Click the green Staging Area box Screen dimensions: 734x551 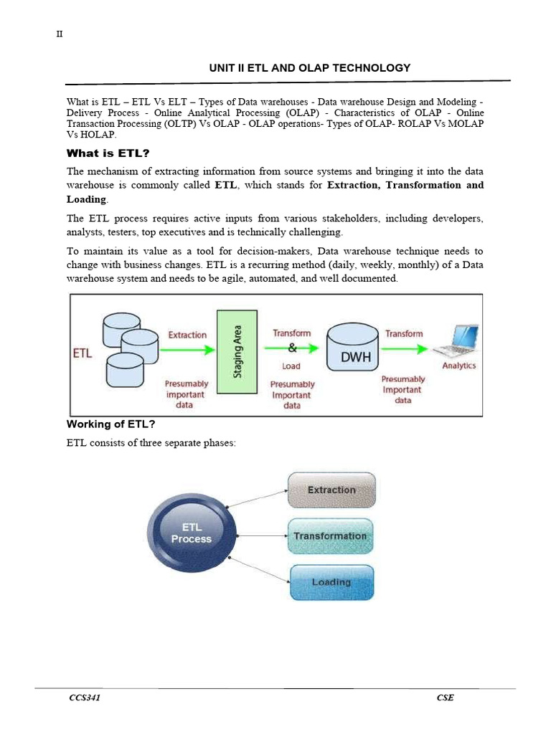[x=237, y=351]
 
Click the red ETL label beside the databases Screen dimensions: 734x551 [x=83, y=354]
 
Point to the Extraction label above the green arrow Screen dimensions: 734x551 [x=187, y=335]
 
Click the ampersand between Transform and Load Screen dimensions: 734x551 [x=291, y=349]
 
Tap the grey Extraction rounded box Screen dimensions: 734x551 [x=331, y=490]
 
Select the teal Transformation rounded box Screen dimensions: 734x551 [x=330, y=536]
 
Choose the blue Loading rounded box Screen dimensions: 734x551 [x=331, y=582]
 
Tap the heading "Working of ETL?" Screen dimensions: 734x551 [x=111, y=424]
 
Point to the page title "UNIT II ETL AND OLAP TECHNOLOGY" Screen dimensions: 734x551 [x=309, y=68]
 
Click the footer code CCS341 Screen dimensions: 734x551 [x=85, y=698]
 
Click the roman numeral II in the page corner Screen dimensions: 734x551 [x=60, y=36]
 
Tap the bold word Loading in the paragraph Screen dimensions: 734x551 [x=86, y=199]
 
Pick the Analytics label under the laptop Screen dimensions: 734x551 [x=459, y=366]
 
